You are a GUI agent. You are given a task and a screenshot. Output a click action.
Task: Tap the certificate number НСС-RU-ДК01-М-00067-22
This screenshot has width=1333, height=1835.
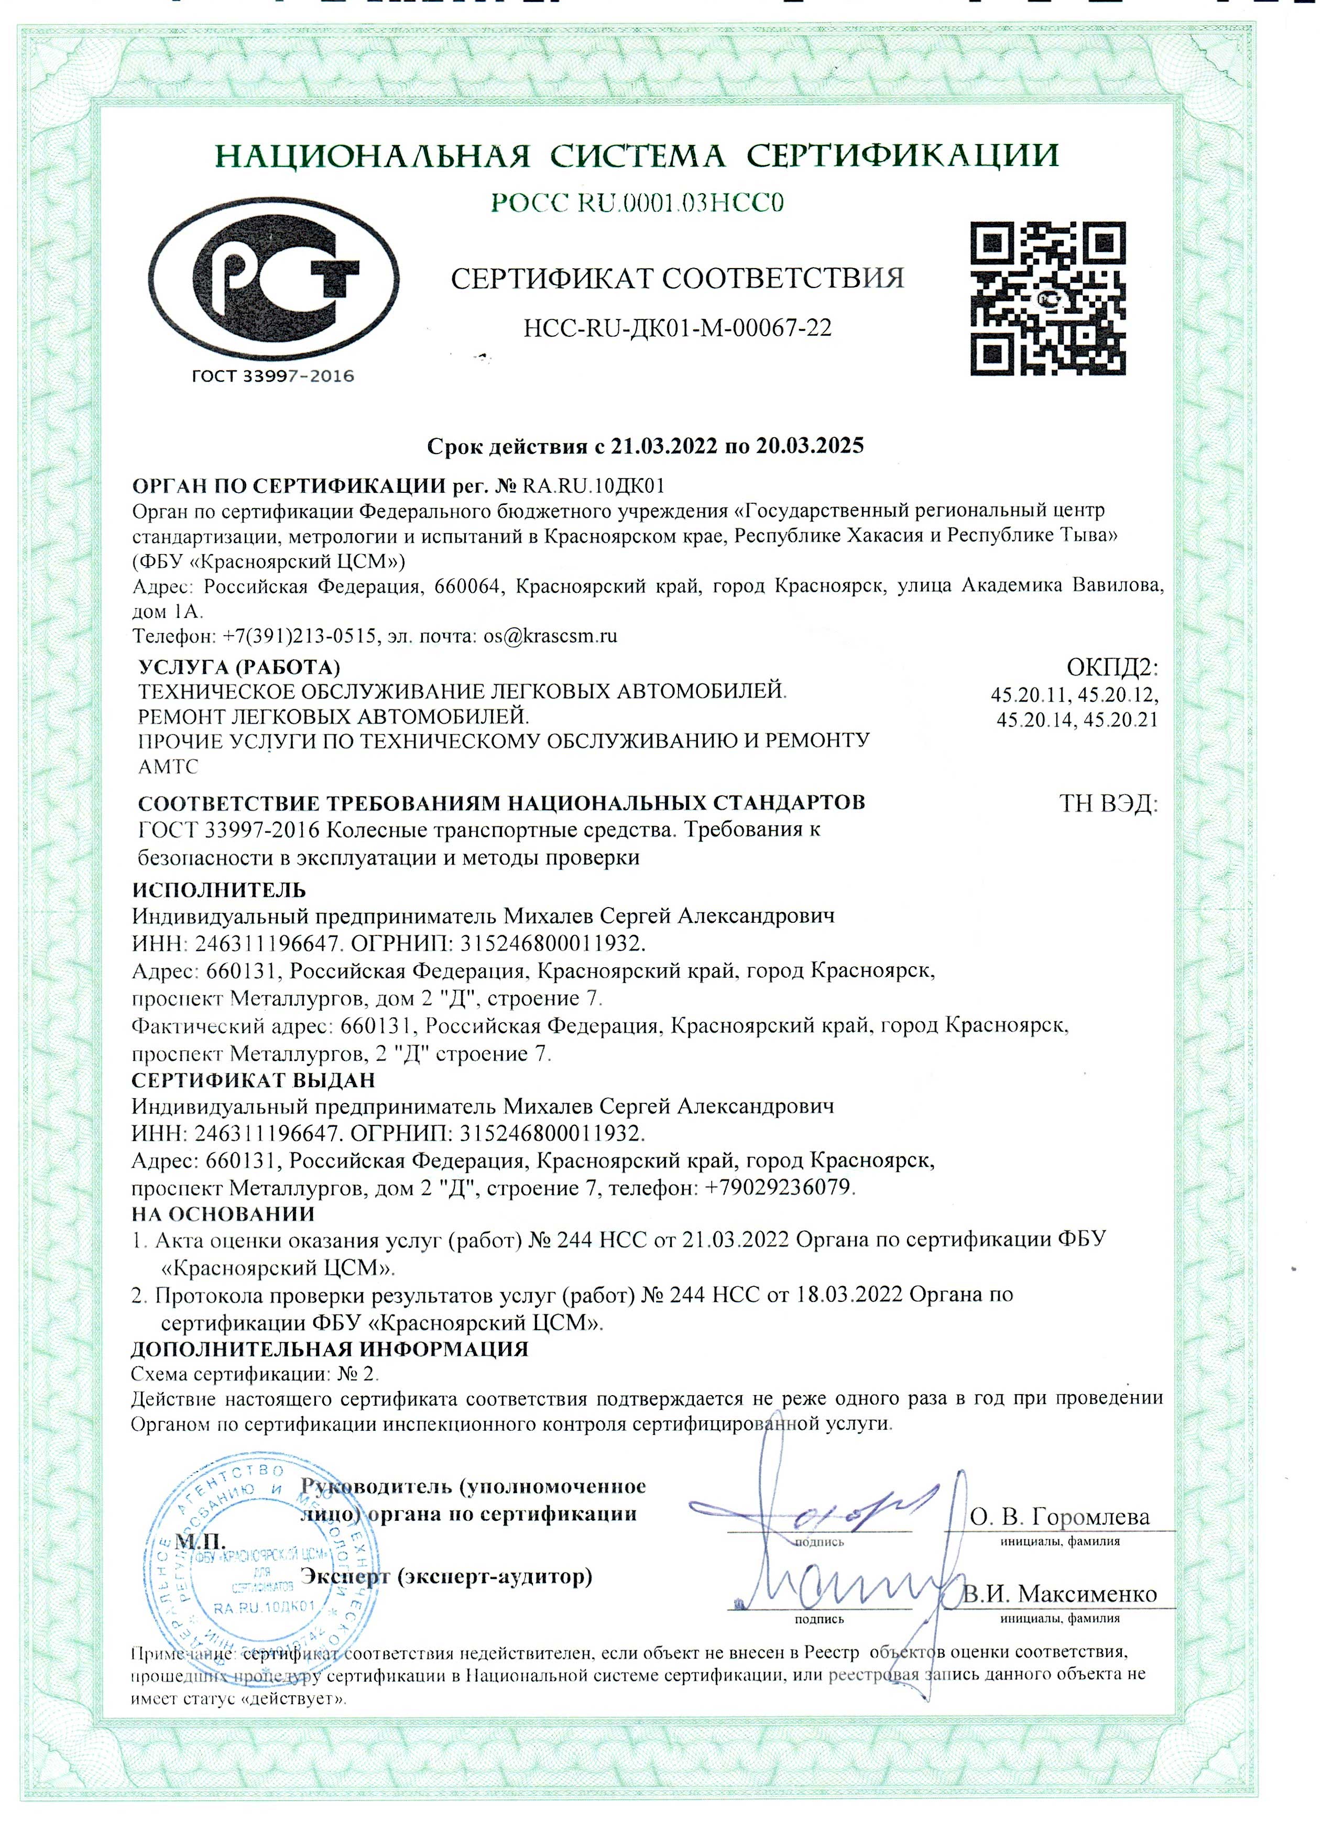(678, 328)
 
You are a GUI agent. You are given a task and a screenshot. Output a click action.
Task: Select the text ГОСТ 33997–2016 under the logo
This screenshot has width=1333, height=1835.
(273, 375)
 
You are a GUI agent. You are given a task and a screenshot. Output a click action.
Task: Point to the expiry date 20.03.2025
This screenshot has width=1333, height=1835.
(810, 446)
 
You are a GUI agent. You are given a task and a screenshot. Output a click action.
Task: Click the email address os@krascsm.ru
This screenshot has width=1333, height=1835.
(550, 635)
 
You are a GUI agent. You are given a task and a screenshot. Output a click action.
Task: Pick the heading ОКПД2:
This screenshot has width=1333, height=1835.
(1112, 668)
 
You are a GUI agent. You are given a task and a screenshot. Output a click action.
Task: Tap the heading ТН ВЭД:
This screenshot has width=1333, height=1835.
(1108, 804)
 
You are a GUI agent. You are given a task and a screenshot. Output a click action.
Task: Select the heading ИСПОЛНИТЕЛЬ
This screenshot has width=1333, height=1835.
(220, 890)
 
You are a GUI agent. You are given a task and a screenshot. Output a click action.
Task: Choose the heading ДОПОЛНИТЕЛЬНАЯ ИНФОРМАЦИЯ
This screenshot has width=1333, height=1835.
(330, 1348)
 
